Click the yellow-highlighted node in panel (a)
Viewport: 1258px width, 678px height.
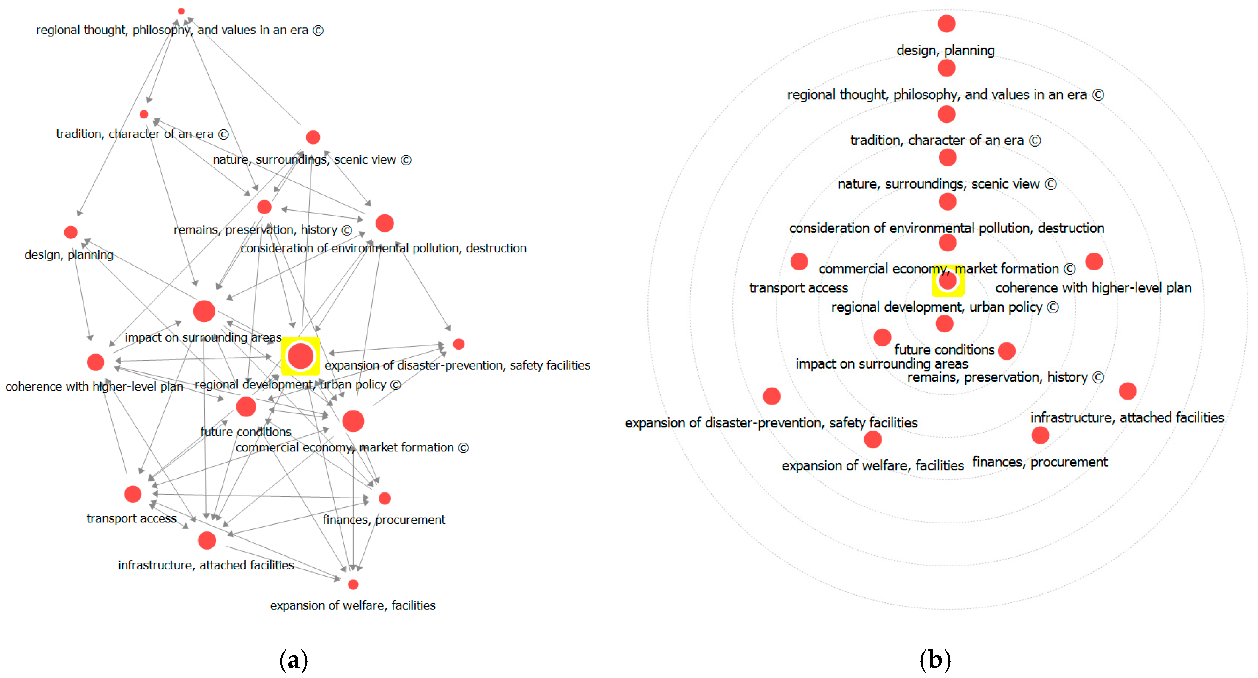click(x=300, y=356)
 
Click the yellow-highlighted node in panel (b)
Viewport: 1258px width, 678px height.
click(x=947, y=281)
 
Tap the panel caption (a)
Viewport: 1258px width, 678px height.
click(x=294, y=660)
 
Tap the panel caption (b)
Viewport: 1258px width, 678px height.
click(x=935, y=660)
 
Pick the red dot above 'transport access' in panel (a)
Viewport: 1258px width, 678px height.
click(x=133, y=494)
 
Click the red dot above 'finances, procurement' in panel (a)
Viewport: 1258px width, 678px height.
click(x=385, y=498)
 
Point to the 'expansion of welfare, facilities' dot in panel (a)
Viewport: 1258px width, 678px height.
click(x=353, y=584)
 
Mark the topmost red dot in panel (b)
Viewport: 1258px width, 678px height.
click(x=946, y=23)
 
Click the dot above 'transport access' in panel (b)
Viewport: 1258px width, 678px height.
click(x=799, y=262)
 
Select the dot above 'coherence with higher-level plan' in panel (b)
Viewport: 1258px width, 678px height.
click(x=1094, y=262)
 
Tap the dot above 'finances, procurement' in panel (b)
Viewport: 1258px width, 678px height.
click(x=1040, y=435)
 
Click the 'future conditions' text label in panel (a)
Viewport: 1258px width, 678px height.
click(x=246, y=432)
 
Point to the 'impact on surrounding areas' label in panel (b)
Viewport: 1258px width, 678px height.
click(x=882, y=364)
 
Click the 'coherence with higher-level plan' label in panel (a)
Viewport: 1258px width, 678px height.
click(x=94, y=387)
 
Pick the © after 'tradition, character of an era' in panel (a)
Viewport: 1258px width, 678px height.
click(x=223, y=134)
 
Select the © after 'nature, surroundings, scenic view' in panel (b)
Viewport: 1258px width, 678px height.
click(x=1050, y=184)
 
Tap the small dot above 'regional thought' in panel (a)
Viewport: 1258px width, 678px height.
click(x=181, y=11)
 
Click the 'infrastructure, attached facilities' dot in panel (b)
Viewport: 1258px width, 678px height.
click(x=1128, y=391)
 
